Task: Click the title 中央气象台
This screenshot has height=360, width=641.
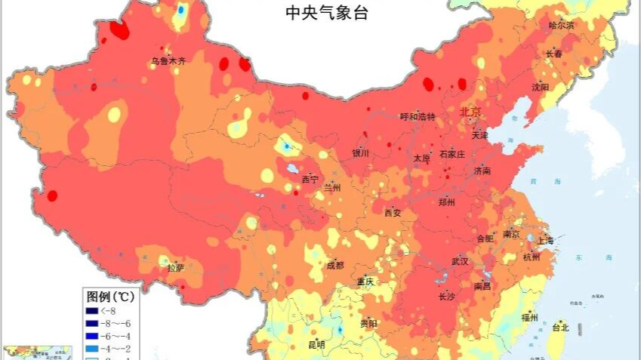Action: (x=326, y=13)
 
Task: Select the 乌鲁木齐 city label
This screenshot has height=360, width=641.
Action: (x=167, y=61)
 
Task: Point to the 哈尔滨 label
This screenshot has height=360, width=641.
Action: (x=561, y=25)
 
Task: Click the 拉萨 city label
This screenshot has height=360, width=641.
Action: (x=175, y=267)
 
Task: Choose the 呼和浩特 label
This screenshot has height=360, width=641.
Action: (x=418, y=116)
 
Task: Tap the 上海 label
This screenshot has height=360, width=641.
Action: (x=544, y=241)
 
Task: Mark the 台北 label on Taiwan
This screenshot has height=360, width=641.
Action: (x=559, y=328)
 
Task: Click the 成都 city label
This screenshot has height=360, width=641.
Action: (x=334, y=265)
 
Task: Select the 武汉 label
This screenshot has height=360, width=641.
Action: (x=460, y=261)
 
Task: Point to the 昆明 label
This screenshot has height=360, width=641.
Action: (x=316, y=345)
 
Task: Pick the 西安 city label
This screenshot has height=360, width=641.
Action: (x=392, y=213)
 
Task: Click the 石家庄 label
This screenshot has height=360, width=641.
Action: (x=452, y=153)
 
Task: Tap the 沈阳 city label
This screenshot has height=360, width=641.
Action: (x=541, y=87)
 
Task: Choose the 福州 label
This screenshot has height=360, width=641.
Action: (x=529, y=318)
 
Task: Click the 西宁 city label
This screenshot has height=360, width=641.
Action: (x=310, y=179)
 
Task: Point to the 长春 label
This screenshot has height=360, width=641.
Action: (x=553, y=54)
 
